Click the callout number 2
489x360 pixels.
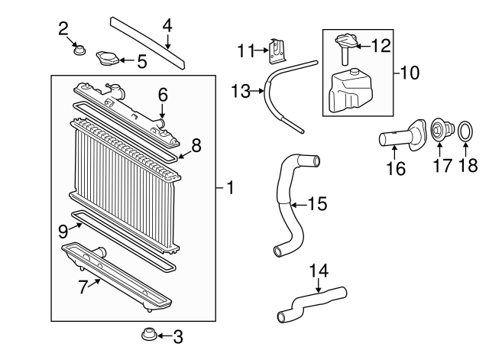63,29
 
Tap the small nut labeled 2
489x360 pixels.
79,51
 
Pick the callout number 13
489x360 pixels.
241,91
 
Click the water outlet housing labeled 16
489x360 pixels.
401,138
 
